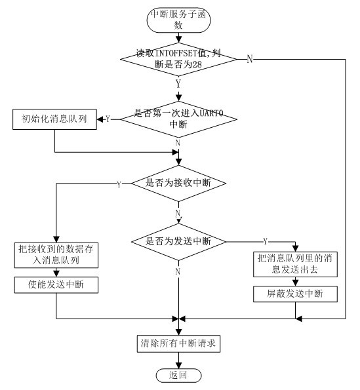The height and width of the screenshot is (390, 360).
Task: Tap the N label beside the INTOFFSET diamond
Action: point(249,60)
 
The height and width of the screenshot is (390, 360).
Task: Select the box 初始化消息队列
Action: point(54,119)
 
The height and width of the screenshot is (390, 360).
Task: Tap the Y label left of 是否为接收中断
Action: point(118,184)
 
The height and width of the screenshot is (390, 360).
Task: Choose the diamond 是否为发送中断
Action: point(178,241)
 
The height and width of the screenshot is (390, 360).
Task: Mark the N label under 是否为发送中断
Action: point(178,271)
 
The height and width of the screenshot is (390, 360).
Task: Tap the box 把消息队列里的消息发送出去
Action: point(296,263)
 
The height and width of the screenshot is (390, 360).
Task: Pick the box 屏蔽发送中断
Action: point(296,294)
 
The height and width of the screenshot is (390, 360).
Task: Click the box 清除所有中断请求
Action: point(178,343)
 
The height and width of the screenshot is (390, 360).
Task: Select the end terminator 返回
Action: point(178,375)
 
